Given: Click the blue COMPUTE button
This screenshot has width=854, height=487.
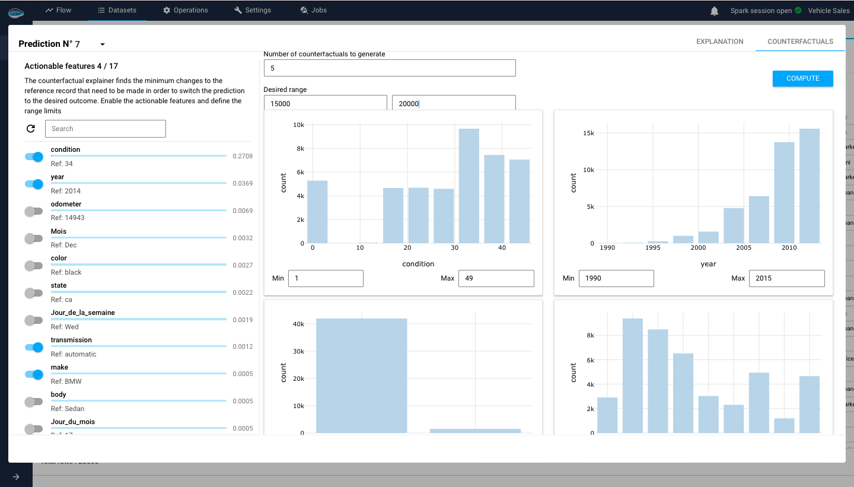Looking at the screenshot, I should pos(802,78).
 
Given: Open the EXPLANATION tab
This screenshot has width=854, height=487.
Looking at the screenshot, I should pos(719,42).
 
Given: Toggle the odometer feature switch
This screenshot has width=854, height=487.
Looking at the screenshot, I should pos(34,211).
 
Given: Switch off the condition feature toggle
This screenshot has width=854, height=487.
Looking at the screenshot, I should pos(34,157).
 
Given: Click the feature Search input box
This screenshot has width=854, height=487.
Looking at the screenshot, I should pos(105,129).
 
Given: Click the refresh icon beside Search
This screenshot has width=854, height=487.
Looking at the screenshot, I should pos(31,129).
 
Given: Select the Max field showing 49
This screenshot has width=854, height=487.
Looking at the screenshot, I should pos(496,278).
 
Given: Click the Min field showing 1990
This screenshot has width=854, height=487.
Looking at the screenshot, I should pos(616,278).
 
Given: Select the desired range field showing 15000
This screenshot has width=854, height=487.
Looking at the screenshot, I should pos(325,103).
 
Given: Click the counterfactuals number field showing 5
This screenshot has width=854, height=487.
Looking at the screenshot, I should pos(390,68).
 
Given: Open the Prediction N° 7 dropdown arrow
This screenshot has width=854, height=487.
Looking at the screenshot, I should pos(103,44).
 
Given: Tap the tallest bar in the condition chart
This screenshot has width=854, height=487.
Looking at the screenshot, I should pos(469,186).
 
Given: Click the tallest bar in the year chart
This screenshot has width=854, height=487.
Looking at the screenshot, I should pos(809,186).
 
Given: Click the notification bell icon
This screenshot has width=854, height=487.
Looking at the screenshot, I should pos(715,11).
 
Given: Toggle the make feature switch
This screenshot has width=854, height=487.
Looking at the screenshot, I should pos(34,374).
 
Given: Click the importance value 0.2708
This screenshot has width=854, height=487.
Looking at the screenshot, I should pos(243,157).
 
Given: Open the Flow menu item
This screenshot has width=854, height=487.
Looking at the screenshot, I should pos(58,10).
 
